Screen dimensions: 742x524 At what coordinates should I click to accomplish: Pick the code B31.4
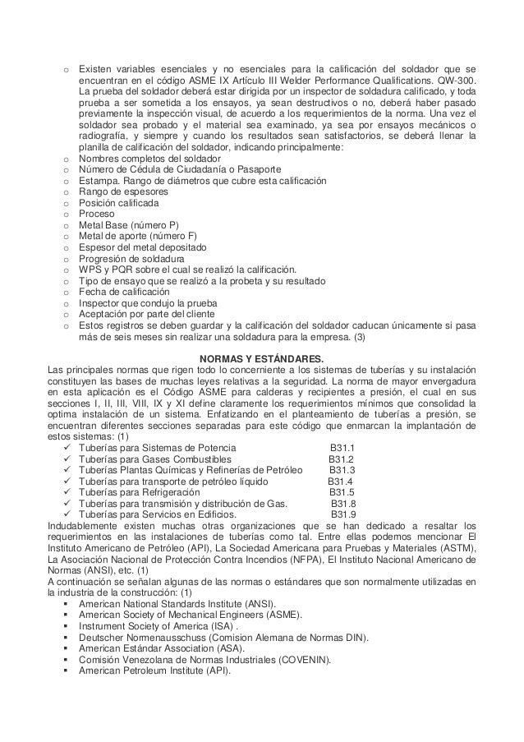point(340,482)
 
